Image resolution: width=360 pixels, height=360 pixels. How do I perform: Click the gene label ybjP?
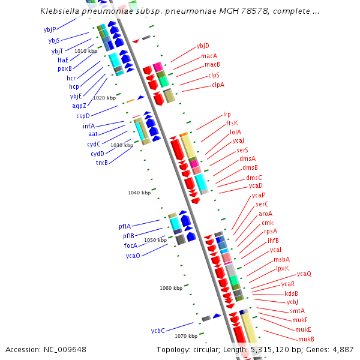[x=50, y=29]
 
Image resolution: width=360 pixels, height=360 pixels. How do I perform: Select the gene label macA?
[x=209, y=56]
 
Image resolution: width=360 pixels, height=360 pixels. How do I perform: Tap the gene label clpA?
[x=218, y=85]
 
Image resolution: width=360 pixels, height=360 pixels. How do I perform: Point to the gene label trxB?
[x=102, y=163]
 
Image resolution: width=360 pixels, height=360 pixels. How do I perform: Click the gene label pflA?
[x=125, y=226]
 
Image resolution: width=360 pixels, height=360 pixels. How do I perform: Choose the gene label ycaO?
[x=133, y=256]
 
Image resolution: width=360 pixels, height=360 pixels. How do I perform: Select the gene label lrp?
[x=227, y=114]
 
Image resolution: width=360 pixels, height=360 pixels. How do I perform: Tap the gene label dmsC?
[x=254, y=178]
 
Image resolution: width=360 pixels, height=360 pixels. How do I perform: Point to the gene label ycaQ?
[x=304, y=274]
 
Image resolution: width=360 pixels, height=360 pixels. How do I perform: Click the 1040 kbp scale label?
[x=138, y=193]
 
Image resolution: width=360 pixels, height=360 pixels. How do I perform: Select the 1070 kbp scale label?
[x=176, y=336]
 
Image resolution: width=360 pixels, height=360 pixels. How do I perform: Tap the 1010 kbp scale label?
[x=86, y=51]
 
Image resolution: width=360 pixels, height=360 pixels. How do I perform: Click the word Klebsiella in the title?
[x=61, y=11]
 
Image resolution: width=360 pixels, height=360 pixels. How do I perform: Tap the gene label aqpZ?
[x=79, y=106]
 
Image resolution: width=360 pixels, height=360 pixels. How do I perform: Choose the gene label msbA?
[x=281, y=259]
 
